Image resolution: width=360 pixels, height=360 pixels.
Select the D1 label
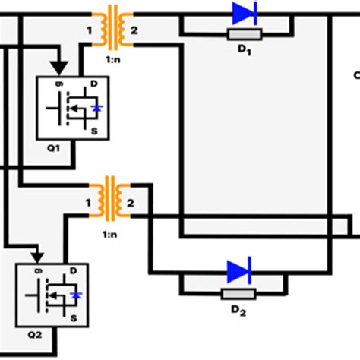click(x=245, y=52)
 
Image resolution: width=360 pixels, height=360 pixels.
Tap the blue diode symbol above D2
click(x=239, y=271)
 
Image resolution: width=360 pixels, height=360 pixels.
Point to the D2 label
click(x=239, y=311)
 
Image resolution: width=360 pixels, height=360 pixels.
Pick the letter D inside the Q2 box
click(x=74, y=270)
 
